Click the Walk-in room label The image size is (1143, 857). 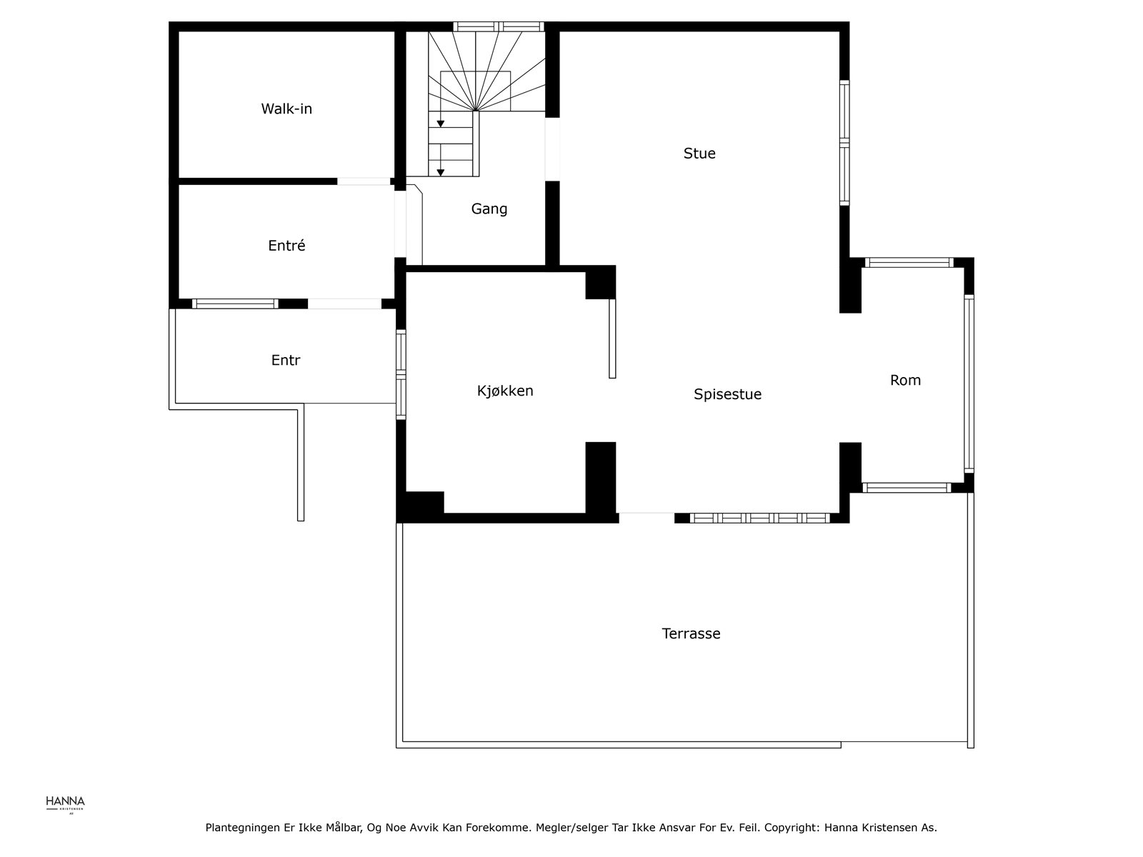(x=286, y=109)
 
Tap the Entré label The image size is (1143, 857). (x=286, y=246)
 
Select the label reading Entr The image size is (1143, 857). (x=286, y=361)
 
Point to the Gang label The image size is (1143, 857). (x=489, y=209)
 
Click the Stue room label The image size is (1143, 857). (x=699, y=154)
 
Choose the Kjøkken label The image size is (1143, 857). (x=505, y=391)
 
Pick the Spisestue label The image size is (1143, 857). (x=727, y=394)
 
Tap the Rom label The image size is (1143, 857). (x=905, y=381)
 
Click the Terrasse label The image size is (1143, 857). (x=691, y=634)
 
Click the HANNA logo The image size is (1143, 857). (x=65, y=803)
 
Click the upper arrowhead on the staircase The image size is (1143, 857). (x=441, y=124)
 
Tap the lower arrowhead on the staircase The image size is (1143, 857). (x=441, y=172)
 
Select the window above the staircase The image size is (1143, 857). (x=499, y=27)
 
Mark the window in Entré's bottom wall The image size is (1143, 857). (x=235, y=304)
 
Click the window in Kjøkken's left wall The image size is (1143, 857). (x=401, y=374)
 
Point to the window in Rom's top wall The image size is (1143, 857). (x=909, y=263)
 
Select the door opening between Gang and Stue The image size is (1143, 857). (x=552, y=149)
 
